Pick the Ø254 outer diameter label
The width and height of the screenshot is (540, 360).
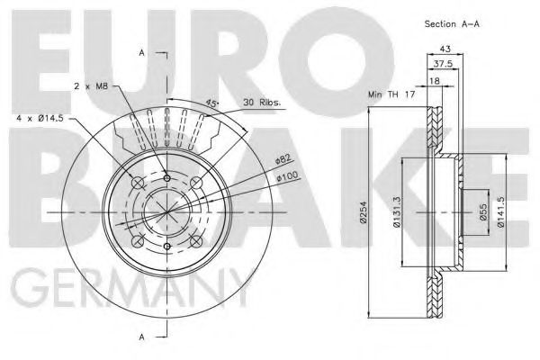pyautogui.click(x=363, y=212)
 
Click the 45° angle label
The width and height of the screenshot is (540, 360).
pyautogui.click(x=211, y=104)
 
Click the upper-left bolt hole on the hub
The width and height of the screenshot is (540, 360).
pyautogui.click(x=137, y=183)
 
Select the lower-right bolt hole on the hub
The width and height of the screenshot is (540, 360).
pyautogui.click(x=195, y=241)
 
